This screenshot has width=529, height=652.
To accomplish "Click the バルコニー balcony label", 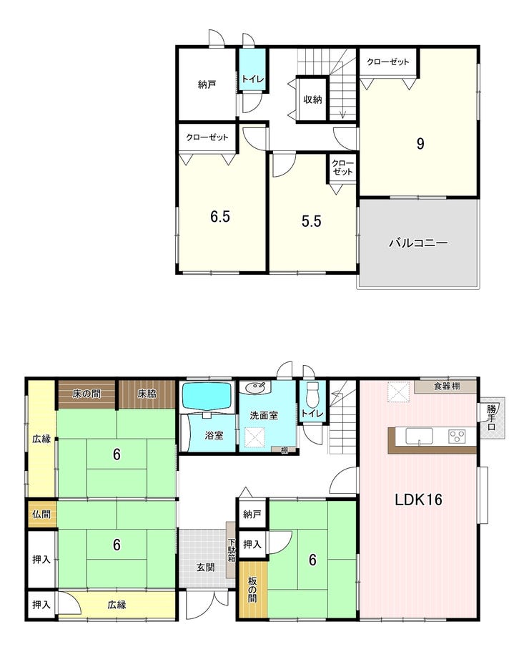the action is tap(418, 243).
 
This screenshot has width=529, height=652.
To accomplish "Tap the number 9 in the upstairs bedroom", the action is tap(420, 144).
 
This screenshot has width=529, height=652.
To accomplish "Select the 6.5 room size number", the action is tap(220, 217).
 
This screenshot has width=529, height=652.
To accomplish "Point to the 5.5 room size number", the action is tap(312, 221).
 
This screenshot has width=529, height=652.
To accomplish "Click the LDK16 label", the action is tap(418, 500).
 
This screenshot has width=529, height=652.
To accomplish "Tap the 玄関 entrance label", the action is tap(206, 567).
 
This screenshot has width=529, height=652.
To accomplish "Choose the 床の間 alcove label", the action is tap(86, 394).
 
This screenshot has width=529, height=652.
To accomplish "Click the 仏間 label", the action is tap(41, 515).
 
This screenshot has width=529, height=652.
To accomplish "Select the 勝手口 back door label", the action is tap(492, 417).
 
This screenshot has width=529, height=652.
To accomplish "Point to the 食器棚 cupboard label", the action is tap(447, 386).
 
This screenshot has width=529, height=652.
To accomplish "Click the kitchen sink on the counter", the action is tap(419, 436).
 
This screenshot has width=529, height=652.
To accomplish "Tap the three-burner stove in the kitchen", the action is tap(458, 436).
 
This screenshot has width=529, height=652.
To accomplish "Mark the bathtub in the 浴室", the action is tap(207, 396).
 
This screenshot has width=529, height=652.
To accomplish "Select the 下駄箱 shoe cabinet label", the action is tap(232, 550).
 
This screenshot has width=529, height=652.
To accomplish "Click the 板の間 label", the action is tap(252, 589).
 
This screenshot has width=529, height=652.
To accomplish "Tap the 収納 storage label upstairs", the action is tap(312, 99).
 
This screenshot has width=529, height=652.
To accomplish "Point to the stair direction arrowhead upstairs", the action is tap(343, 115).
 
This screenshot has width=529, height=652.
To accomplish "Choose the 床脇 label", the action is tap(147, 394).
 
